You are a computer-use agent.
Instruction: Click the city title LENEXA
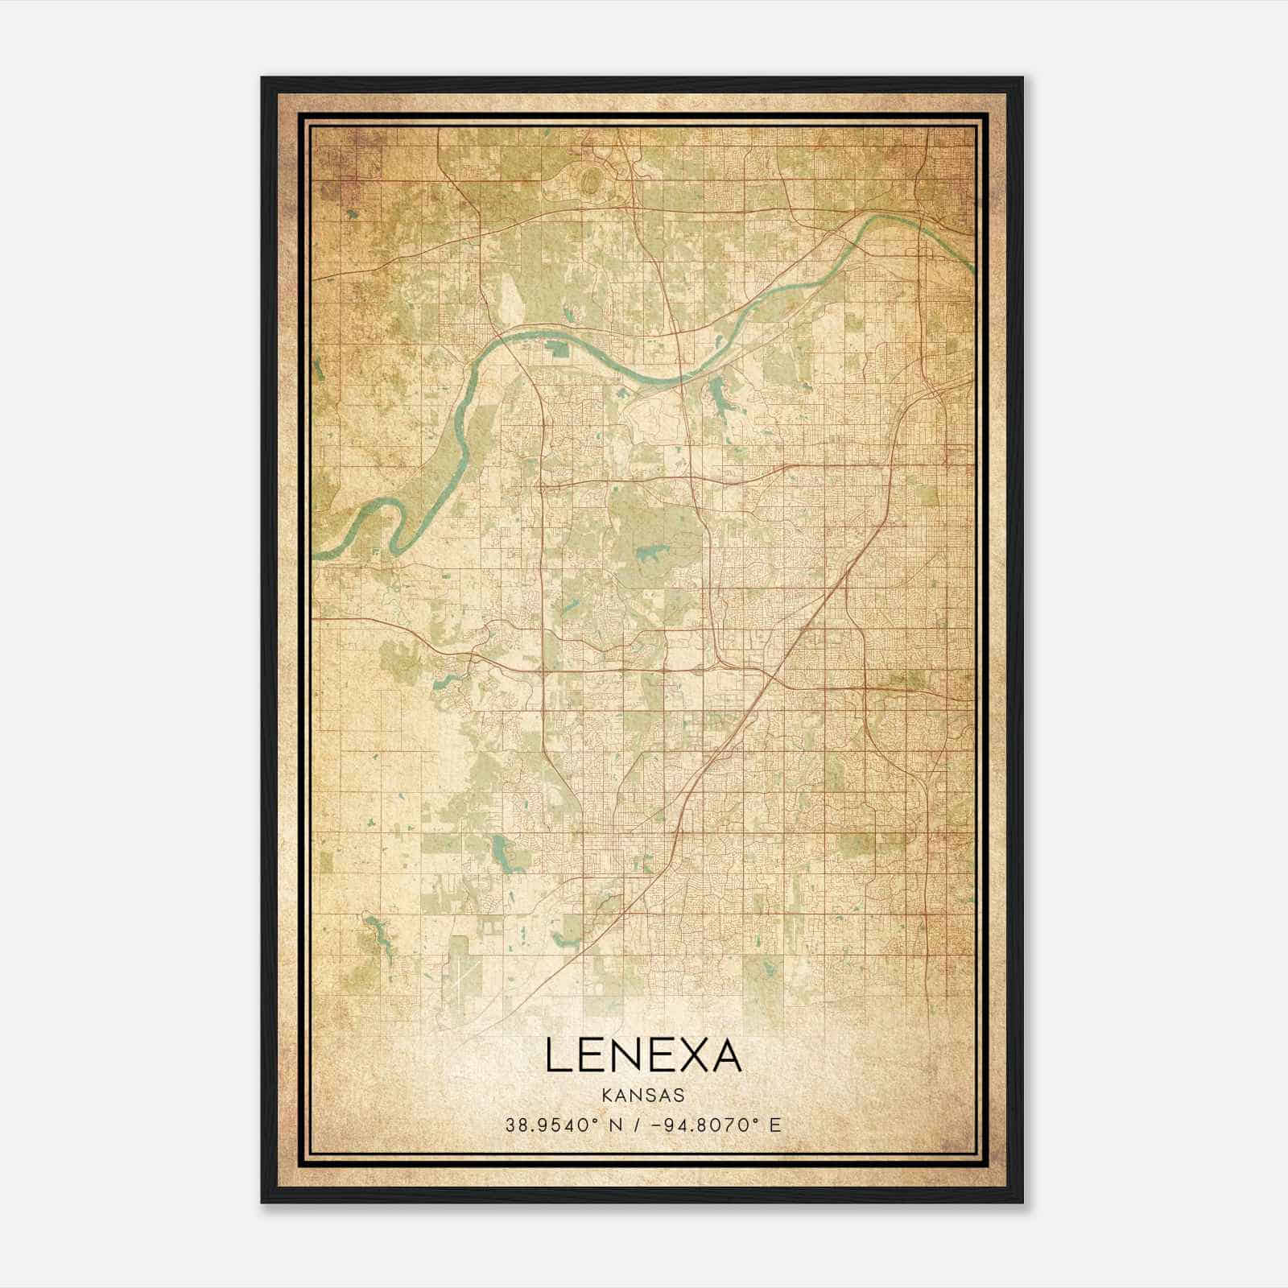point(643,1055)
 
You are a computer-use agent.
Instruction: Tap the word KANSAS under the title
point(643,1096)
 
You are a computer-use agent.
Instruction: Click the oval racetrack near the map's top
point(592,178)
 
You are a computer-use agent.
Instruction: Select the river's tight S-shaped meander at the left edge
point(378,523)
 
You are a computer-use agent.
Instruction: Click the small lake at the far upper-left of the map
point(353,215)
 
